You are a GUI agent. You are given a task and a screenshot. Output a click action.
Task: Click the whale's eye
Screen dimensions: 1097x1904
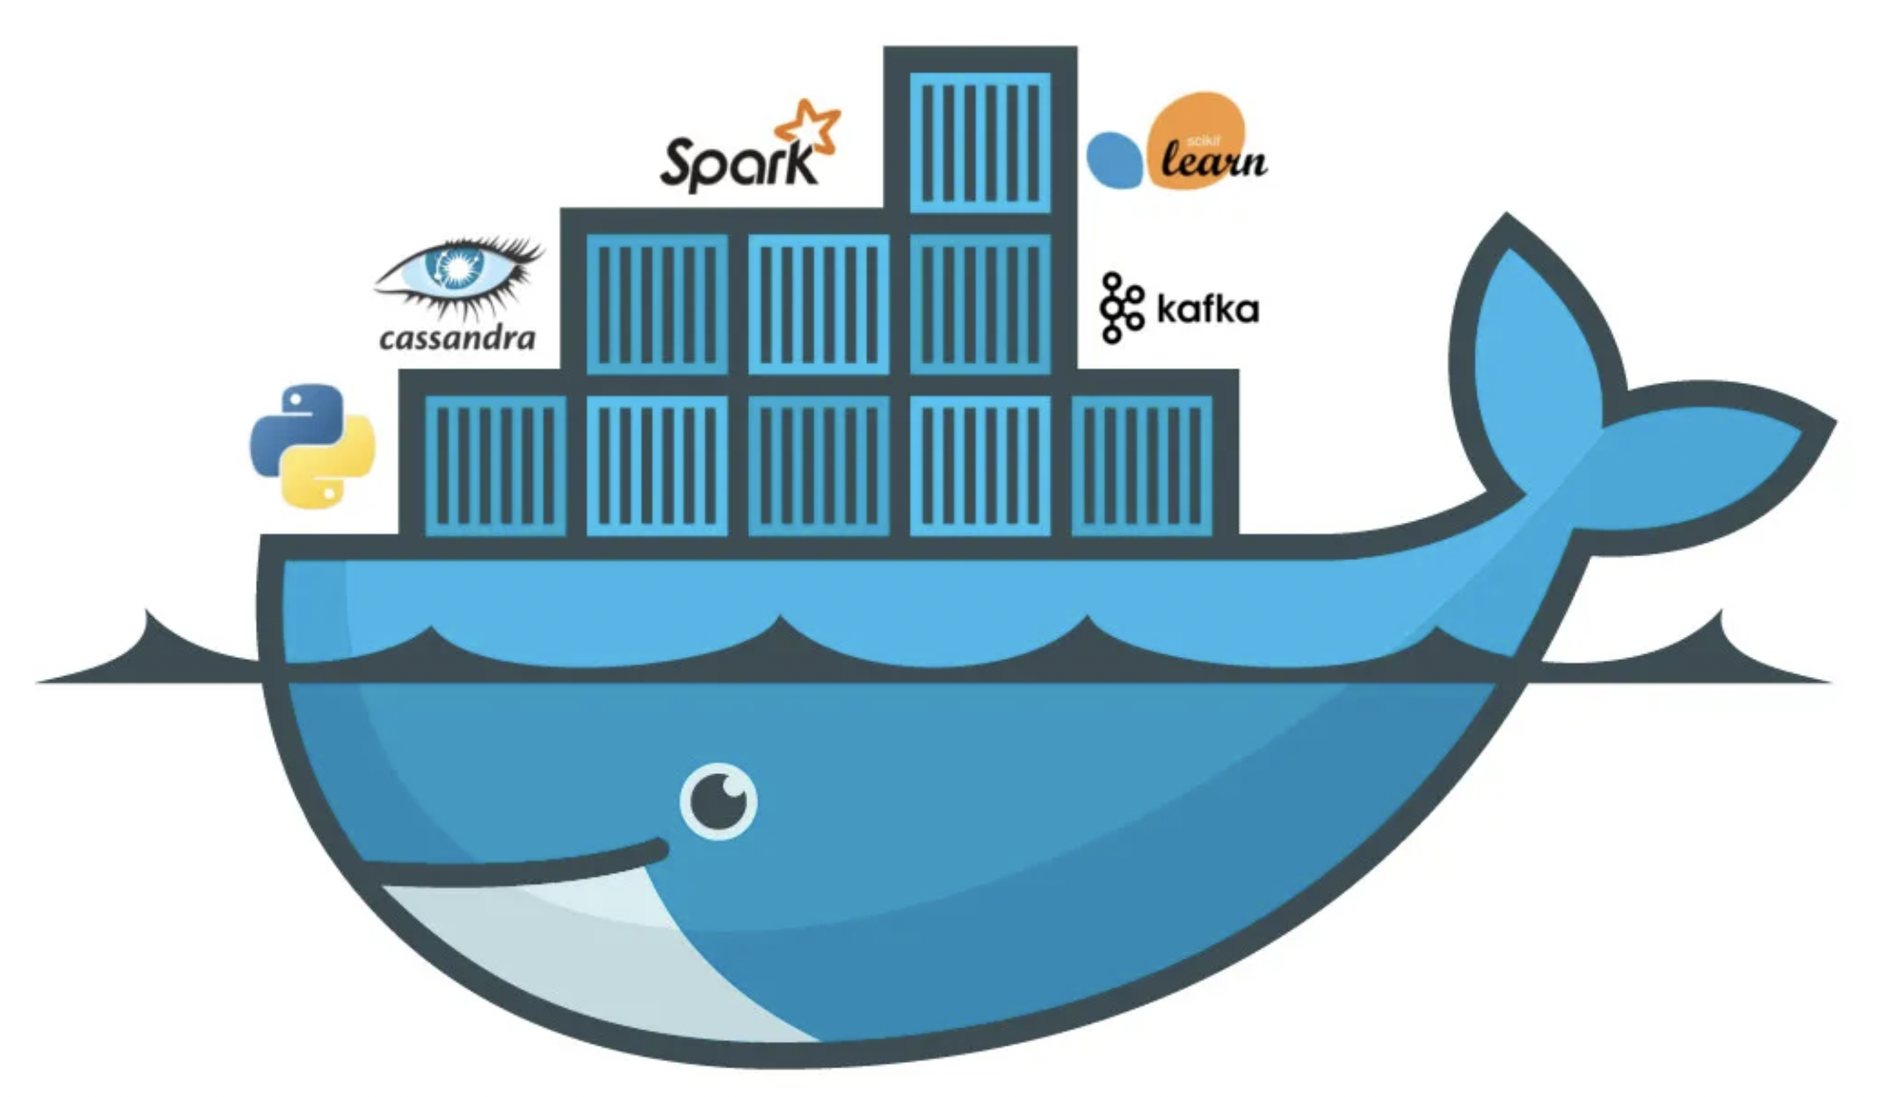click(x=719, y=802)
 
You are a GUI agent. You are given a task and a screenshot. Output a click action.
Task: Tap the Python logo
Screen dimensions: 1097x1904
click(x=312, y=446)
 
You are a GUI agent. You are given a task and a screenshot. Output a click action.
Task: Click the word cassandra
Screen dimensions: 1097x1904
click(x=457, y=338)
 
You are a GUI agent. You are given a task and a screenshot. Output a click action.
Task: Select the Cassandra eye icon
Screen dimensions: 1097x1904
click(x=459, y=271)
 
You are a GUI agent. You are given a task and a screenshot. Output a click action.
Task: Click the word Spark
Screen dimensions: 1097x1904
click(x=738, y=164)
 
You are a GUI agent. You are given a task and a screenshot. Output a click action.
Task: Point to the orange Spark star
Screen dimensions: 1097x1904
click(x=809, y=124)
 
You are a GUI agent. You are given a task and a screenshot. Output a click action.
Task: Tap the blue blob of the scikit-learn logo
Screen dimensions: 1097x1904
click(x=1114, y=160)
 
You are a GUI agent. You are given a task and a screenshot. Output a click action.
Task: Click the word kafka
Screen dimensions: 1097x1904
click(x=1207, y=309)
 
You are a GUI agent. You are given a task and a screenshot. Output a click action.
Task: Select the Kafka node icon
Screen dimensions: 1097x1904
click(x=1121, y=307)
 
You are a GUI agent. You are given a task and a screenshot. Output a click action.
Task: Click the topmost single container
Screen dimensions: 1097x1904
click(x=981, y=143)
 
